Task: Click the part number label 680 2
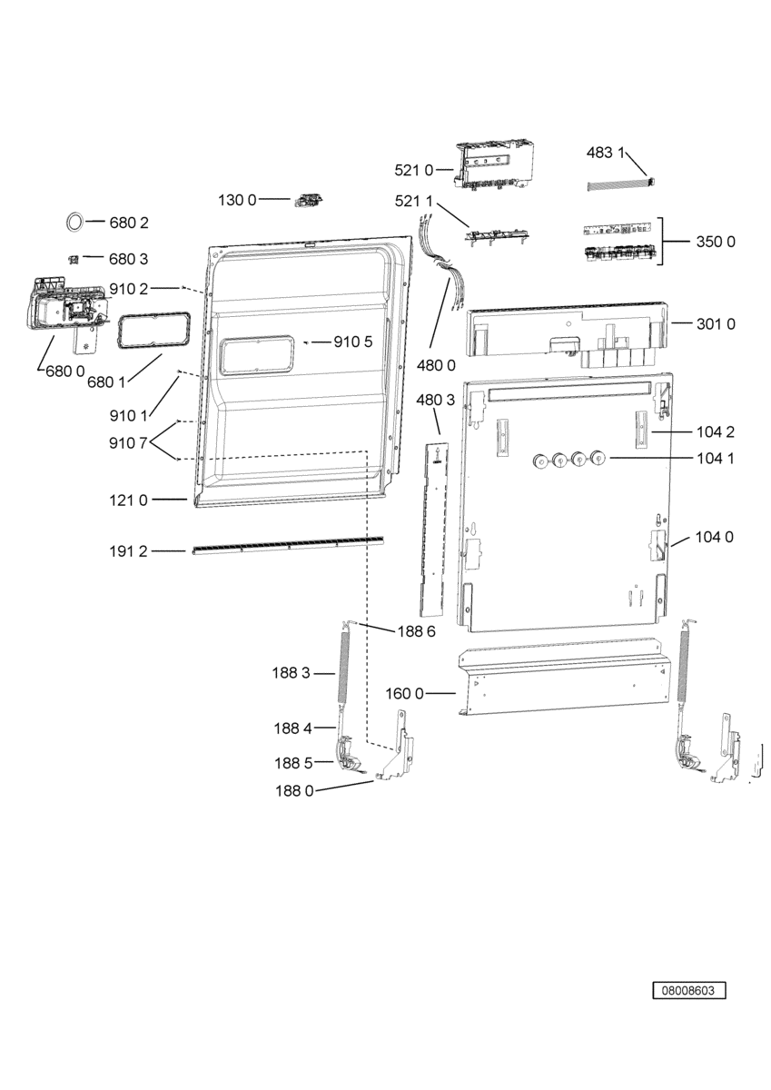coord(128,223)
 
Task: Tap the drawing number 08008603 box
coord(688,990)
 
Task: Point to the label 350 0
coord(715,242)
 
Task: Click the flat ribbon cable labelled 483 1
coord(621,183)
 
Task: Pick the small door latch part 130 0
coord(309,199)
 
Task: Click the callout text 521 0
coord(413,170)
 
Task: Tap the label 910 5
coord(352,342)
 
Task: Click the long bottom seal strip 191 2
coord(288,544)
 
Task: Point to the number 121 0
coord(128,500)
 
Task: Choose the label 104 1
coord(715,458)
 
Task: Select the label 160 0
coord(404,693)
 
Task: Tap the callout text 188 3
coord(291,673)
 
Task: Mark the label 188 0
coord(294,791)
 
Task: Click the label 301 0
coord(716,323)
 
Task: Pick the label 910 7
coord(128,443)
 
